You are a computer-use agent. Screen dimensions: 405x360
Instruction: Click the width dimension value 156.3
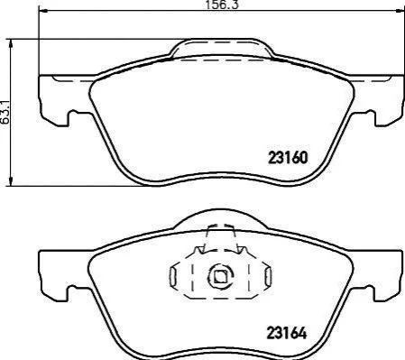pos(222,5)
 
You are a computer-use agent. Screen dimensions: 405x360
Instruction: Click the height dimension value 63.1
pos(5,113)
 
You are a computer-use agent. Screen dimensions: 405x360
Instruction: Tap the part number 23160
pos(288,158)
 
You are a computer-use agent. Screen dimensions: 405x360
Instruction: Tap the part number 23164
pos(287,333)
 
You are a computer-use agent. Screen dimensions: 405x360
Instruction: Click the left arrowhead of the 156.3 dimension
pos(43,11)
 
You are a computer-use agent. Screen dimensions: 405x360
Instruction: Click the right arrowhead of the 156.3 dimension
pos(399,11)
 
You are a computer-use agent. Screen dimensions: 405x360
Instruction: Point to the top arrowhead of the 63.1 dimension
pos(11,44)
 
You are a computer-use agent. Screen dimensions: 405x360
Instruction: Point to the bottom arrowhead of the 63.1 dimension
pos(11,181)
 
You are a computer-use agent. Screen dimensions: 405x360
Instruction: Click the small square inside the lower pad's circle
pos(221,276)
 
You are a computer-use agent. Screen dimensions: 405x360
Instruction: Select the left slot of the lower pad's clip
pos(173,276)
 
